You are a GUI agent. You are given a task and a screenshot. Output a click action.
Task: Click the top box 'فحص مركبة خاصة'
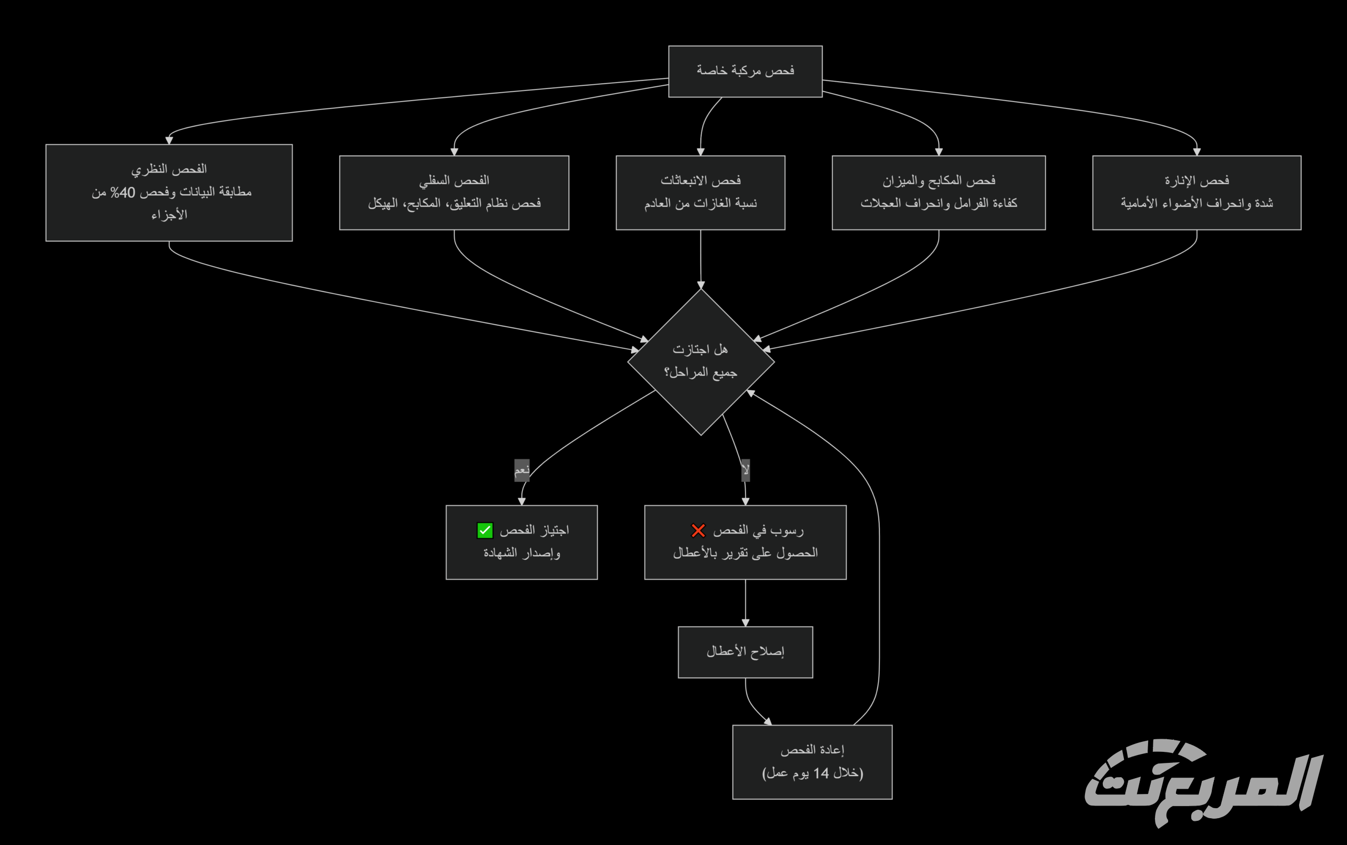[745, 72]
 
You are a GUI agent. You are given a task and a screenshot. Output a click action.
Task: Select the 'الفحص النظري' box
[169, 193]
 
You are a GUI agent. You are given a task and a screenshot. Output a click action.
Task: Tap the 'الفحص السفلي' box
[454, 193]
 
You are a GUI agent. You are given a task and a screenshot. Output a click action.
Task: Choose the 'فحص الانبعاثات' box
[700, 193]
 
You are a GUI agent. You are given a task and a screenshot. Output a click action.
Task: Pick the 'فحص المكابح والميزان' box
[939, 193]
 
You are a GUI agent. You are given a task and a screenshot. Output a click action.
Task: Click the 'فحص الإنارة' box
[1197, 193]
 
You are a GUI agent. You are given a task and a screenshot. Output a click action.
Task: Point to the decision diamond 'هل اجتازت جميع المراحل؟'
[701, 361]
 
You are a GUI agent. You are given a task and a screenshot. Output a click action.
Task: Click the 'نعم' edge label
[521, 470]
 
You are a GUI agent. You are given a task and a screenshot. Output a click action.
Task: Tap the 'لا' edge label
[745, 470]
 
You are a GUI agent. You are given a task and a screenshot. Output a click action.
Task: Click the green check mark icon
[485, 530]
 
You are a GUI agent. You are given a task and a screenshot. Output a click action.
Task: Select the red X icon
[698, 530]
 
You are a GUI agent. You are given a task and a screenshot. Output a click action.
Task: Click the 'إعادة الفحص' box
[812, 762]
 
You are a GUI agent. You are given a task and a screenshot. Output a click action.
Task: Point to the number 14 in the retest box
[821, 773]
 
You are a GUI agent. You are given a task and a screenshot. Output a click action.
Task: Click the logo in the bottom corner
[1202, 782]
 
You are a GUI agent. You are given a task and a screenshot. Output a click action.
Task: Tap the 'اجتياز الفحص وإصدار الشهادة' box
[521, 542]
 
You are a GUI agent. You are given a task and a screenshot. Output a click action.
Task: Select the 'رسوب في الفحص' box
[745, 542]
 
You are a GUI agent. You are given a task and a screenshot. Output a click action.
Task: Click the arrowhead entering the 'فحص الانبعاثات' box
[700, 152]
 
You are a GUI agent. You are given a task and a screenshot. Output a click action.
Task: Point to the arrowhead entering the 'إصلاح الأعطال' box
[745, 622]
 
